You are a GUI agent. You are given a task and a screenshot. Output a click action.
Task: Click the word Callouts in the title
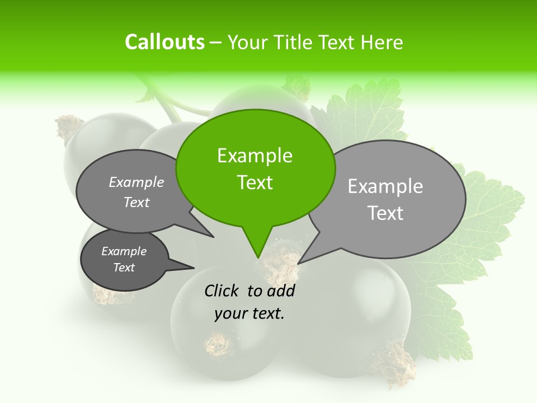(164, 42)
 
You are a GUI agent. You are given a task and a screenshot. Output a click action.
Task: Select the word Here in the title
(382, 42)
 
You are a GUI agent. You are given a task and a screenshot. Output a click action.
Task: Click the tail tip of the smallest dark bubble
(194, 267)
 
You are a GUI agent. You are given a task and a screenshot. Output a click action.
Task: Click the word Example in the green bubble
(255, 156)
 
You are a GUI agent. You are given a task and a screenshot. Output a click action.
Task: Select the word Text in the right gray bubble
(385, 213)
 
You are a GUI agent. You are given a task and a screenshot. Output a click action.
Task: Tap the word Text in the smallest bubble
(124, 268)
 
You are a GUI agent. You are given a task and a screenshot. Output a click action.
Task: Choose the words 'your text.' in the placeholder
(249, 313)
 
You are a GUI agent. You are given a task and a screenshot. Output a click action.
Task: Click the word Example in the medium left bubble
(136, 182)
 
